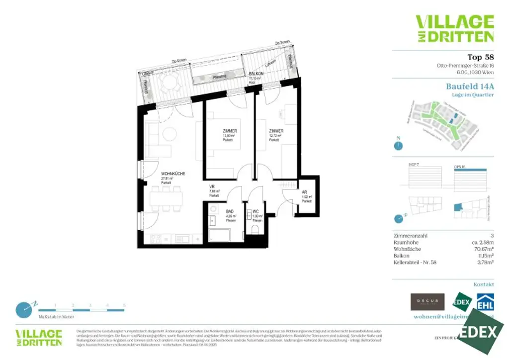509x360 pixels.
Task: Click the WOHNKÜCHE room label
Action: point(173,174)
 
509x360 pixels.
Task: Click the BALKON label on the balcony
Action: point(256,73)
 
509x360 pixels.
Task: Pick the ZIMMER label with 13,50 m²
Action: point(229,131)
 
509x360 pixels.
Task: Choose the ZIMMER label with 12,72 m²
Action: point(276,131)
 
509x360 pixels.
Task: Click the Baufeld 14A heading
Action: point(470,86)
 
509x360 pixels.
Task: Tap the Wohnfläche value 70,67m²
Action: point(482,249)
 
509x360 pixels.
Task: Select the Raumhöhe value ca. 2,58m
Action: point(480,243)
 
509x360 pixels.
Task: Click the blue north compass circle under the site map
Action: point(398,146)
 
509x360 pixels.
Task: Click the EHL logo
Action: point(485,302)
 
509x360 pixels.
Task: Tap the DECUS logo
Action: point(427,301)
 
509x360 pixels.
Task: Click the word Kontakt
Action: point(484,284)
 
